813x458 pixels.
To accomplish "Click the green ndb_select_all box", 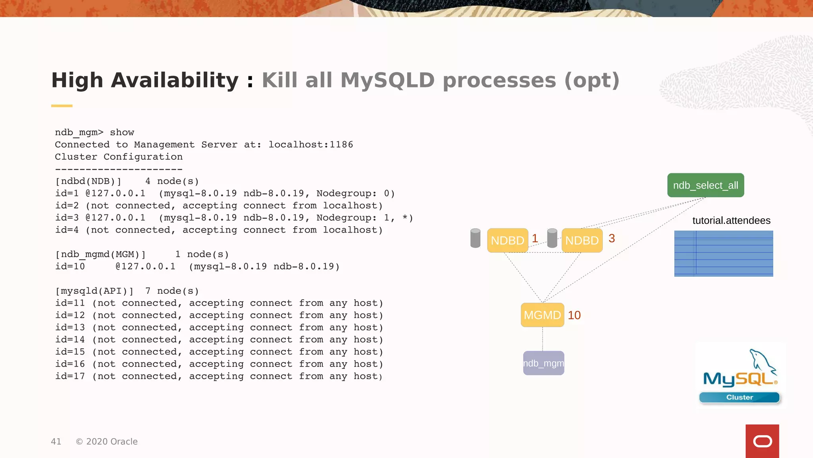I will pyautogui.click(x=705, y=185).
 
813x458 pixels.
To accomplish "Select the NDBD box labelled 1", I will pyautogui.click(x=507, y=241).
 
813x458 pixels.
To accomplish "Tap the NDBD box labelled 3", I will pyautogui.click(x=582, y=241).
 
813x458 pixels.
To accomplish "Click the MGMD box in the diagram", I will pyautogui.click(x=542, y=315).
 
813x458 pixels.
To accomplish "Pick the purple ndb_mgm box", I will pyautogui.click(x=543, y=363).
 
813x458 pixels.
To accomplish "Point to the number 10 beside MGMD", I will pyautogui.click(x=574, y=315).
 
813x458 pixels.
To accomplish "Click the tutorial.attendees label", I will pyautogui.click(x=731, y=221).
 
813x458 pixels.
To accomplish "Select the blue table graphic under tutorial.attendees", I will pyautogui.click(x=723, y=253).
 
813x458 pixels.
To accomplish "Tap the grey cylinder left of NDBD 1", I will pyautogui.click(x=475, y=238).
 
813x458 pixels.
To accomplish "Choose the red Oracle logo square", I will pyautogui.click(x=762, y=441).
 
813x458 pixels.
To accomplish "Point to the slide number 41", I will pyautogui.click(x=56, y=442).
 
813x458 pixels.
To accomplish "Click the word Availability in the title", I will pyautogui.click(x=175, y=80).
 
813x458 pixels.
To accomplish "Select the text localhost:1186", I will pyautogui.click(x=310, y=145).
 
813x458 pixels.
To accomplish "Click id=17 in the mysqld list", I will pyautogui.click(x=70, y=376).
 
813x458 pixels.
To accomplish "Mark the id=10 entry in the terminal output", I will pyautogui.click(x=70, y=266).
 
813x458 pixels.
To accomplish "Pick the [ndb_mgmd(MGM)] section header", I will pyautogui.click(x=100, y=254).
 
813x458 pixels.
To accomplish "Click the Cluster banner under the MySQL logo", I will pyautogui.click(x=740, y=397).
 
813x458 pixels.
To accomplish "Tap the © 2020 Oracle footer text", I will pyautogui.click(x=106, y=442).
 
